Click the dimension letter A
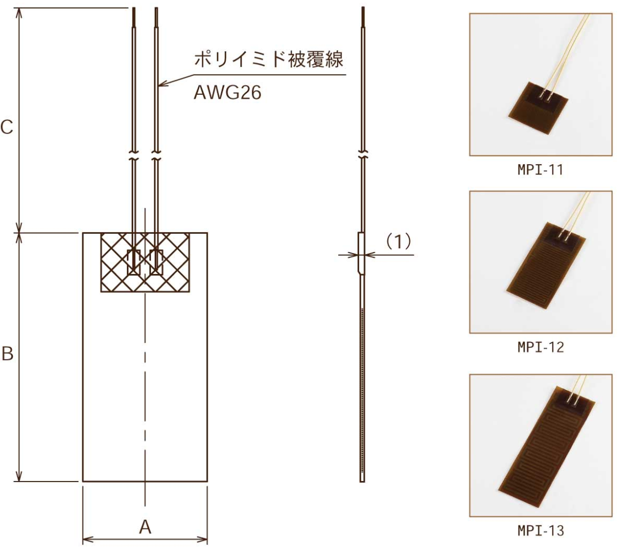click(x=145, y=527)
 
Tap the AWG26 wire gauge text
click(x=227, y=94)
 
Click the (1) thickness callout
click(x=398, y=242)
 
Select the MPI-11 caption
click(x=541, y=171)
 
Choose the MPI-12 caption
click(x=541, y=348)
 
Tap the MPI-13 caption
click(x=541, y=531)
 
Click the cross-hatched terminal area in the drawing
click(x=146, y=262)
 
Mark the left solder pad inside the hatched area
click(x=134, y=262)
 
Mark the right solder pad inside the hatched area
click(x=157, y=262)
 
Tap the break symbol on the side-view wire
click(x=363, y=156)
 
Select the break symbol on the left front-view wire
click(x=134, y=159)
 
